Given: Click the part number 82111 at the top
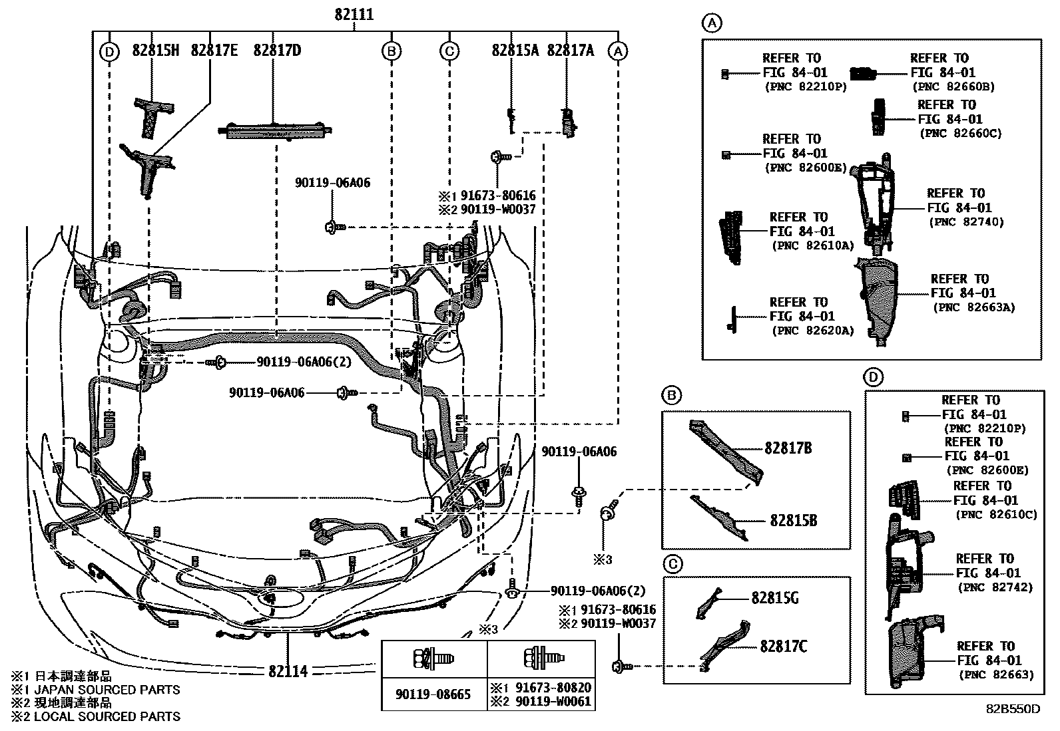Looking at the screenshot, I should pos(354,15).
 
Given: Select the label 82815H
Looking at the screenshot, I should pos(156,51).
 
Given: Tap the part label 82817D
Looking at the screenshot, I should pos(277,51).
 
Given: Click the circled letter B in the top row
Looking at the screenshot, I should pos(392,51).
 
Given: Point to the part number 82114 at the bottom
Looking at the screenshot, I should pos(288,670).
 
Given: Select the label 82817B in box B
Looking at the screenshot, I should pos(788,448).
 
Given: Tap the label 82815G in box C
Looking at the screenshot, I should pos(775,598).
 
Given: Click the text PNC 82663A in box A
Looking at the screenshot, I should pos(973,307).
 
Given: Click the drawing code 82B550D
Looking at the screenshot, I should pos(1013,708).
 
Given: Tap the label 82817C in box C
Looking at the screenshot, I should pos(784,646).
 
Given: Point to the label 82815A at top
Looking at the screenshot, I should pos(515,51).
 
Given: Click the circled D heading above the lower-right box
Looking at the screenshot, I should pos(874,378).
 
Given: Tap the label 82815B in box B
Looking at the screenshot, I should pos(793,520).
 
